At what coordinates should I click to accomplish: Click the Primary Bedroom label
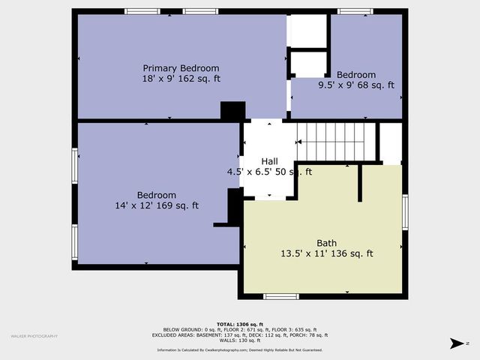pos(181,68)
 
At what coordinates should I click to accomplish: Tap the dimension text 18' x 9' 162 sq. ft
pos(181,79)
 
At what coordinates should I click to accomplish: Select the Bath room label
pos(326,243)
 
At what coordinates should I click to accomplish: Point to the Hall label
pos(269,161)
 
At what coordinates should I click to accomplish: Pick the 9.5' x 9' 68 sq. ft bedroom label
pos(356,75)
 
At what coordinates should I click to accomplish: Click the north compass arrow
pos(457,343)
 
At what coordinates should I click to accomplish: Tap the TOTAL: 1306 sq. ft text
pos(241,324)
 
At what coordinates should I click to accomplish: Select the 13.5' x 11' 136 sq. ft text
pos(326,253)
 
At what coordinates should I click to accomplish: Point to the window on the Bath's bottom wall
pos(281,296)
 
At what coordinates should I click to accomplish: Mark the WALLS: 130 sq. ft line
pos(241,341)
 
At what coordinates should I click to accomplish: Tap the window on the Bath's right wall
pos(405,212)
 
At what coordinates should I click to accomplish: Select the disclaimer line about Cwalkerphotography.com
pos(241,350)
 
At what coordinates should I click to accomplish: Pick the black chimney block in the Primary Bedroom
pos(232,110)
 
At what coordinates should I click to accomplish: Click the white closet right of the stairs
pos(390,142)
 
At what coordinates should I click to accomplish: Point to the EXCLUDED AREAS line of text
pos(241,335)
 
